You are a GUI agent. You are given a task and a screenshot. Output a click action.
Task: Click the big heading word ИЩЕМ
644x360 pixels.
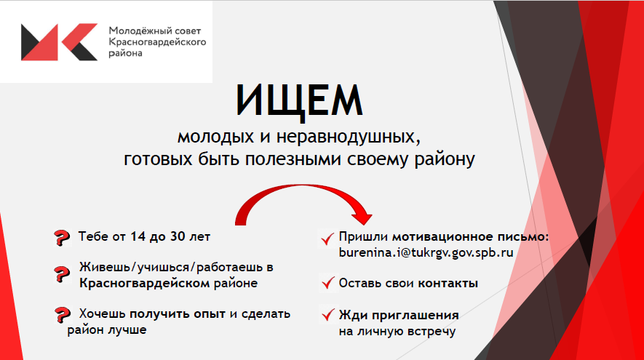[299, 100]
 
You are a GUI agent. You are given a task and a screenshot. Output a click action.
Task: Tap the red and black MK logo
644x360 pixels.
[59, 42]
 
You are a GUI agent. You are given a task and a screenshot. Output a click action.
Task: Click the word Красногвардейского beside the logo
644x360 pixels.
[157, 42]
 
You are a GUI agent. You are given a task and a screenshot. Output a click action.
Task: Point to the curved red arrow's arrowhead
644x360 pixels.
[362, 215]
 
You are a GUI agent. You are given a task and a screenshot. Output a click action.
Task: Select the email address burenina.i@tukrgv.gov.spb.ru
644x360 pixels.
[426, 252]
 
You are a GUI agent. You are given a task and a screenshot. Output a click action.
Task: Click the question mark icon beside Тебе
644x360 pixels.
[62, 238]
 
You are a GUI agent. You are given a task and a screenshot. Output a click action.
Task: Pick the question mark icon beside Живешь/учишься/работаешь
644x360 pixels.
[62, 274]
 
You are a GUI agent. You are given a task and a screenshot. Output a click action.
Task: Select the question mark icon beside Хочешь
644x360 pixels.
[62, 315]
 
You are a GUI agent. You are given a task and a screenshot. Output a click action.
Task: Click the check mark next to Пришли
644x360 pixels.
[327, 239]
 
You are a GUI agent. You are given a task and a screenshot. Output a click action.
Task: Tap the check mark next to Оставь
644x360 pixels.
[327, 283]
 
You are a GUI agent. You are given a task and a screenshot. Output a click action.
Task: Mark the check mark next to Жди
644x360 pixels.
[327, 315]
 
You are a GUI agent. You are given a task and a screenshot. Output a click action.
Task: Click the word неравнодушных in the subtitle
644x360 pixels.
[349, 137]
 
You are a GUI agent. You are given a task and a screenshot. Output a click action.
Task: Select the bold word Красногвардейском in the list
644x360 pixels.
[145, 283]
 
